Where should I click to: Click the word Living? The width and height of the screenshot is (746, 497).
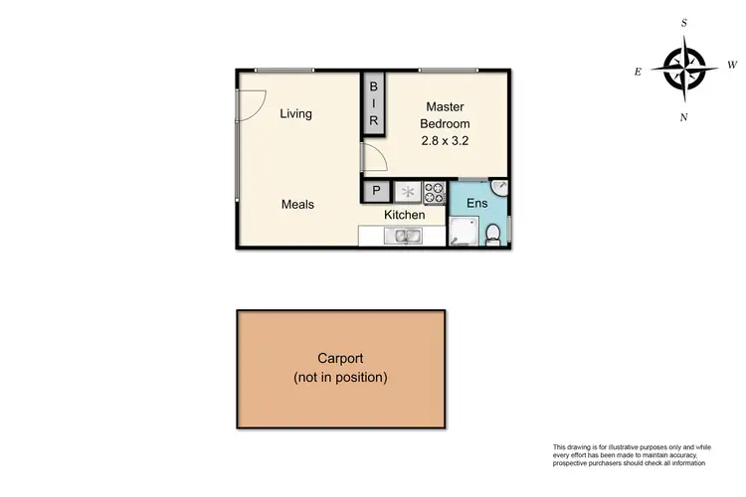coord(295,113)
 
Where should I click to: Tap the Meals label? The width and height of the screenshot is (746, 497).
coord(297,205)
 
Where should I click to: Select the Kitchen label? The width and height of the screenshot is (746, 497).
coord(405,215)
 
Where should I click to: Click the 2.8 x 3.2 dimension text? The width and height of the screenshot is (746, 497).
coord(445,141)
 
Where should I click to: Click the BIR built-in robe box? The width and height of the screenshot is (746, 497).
coord(374,104)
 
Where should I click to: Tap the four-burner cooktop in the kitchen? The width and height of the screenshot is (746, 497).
coord(435,191)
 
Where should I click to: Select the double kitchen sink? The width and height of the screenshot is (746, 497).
coord(406,236)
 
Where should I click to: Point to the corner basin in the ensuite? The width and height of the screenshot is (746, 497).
coord(500,189)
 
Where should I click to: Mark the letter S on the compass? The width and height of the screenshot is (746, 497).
coord(684,22)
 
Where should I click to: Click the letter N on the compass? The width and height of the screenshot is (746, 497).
coord(684,117)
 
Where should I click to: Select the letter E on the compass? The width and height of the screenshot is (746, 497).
coord(638,71)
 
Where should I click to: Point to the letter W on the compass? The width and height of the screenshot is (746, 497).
coord(732,66)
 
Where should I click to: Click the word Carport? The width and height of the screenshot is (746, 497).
coord(340,359)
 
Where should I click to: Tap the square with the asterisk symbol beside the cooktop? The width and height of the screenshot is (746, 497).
coord(408,191)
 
